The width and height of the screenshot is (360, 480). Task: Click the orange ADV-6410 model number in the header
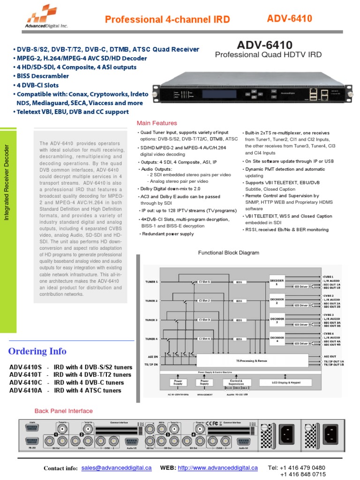click(x=289, y=18)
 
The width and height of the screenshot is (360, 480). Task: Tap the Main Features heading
click(x=157, y=123)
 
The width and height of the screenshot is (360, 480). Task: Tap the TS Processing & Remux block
click(x=252, y=360)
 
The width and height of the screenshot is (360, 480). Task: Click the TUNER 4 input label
click(x=150, y=338)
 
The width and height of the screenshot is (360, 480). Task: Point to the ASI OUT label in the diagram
click(x=330, y=357)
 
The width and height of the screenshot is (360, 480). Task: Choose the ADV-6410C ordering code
click(x=25, y=382)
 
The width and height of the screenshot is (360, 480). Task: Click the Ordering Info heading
click(x=37, y=352)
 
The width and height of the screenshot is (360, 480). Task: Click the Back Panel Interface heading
click(x=64, y=411)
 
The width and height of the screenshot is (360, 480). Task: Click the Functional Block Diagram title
click(x=228, y=253)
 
